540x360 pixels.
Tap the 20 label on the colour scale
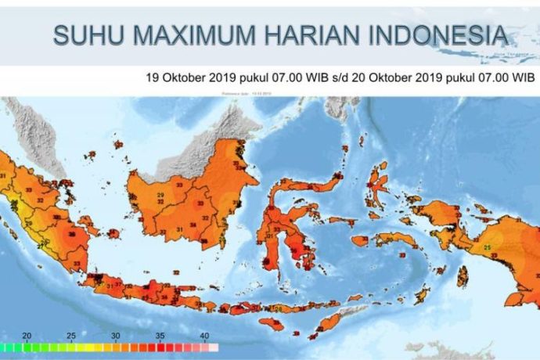coord(27,336)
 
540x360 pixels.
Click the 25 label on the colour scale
coord(71,336)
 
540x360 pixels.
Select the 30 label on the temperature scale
coord(116,336)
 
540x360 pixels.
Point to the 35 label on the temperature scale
coord(160,336)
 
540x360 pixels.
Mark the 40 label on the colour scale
coord(204,336)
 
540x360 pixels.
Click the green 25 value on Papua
coord(488,249)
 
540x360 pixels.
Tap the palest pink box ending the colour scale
coord(214,345)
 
